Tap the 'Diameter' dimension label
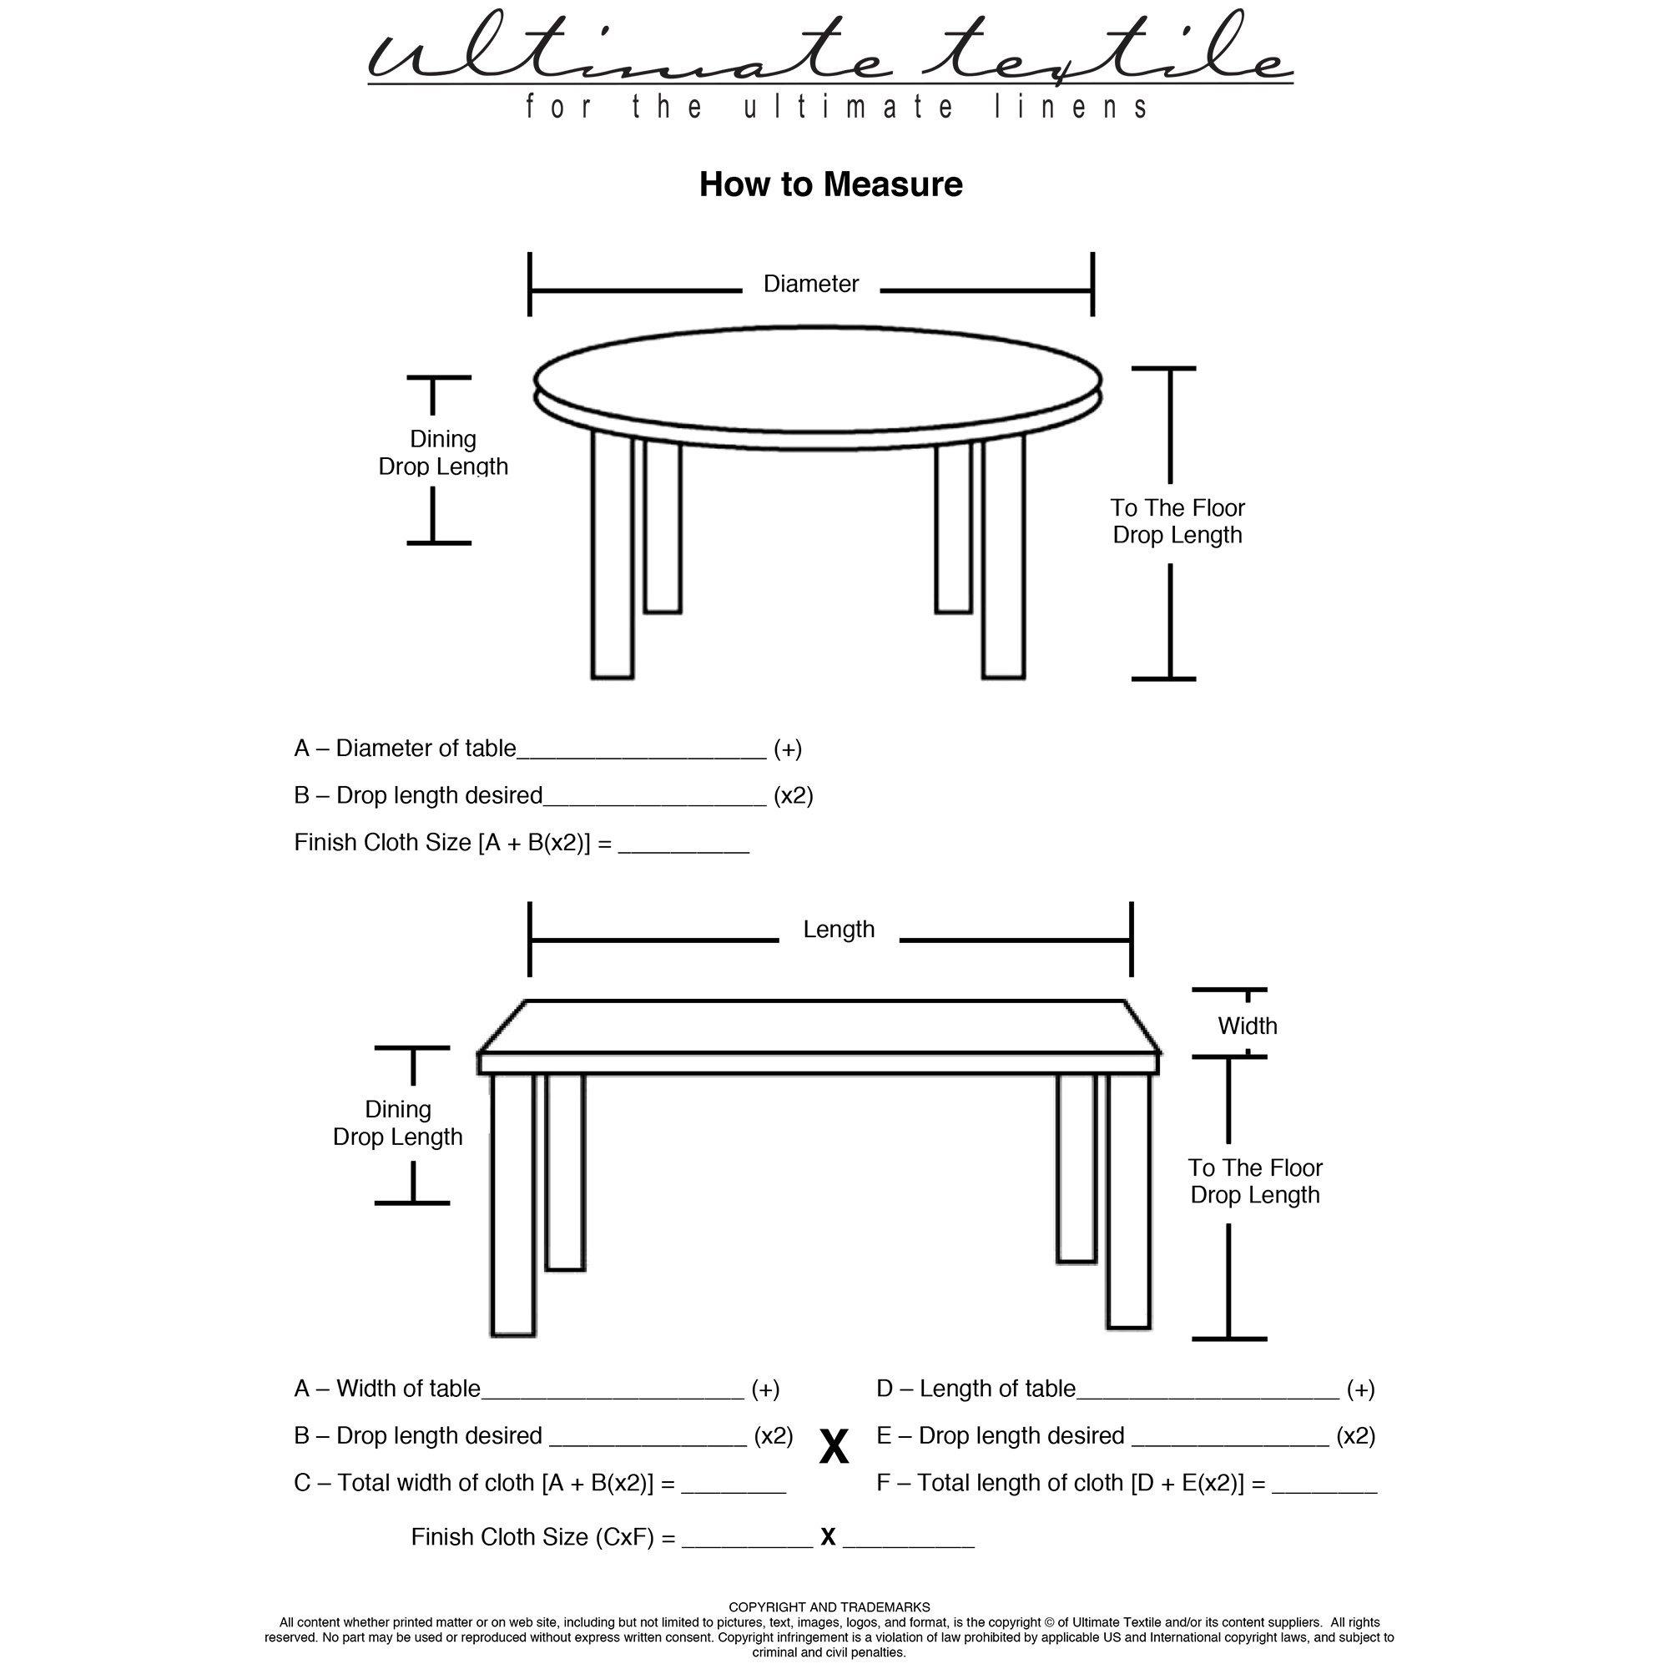pos(810,285)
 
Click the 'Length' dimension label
pos(838,930)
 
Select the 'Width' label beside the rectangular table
pos(1247,1026)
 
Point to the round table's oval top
pos(817,377)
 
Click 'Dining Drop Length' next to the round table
pos(442,452)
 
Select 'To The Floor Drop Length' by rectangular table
pos(1254,1181)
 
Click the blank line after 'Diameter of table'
pos(641,750)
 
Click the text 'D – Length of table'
pos(976,1389)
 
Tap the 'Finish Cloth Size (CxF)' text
pos(542,1538)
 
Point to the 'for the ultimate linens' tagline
pos(837,108)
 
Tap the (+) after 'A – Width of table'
pos(765,1389)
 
